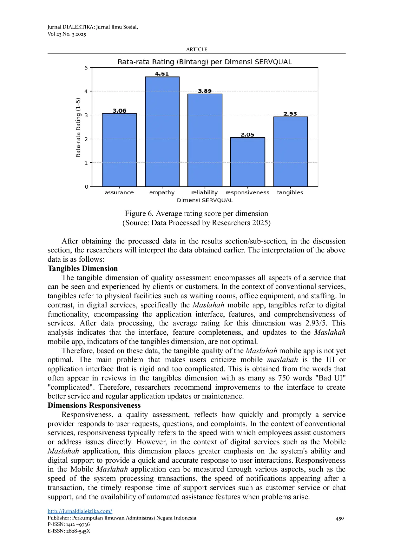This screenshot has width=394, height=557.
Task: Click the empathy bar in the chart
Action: pos(162,131)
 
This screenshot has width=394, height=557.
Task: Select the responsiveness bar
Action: pos(247,162)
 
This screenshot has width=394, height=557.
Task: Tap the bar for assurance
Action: pos(119,150)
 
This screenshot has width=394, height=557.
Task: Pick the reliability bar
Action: pos(205,140)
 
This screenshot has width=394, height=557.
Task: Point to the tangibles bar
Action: pos(291,151)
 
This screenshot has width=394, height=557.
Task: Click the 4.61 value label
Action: pos(162,74)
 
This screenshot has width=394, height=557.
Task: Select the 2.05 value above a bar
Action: pos(247,135)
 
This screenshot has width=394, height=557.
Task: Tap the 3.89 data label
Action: pos(205,91)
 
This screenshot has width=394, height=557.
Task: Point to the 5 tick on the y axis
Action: pos(86,68)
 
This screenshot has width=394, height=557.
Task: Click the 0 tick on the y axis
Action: pos(86,187)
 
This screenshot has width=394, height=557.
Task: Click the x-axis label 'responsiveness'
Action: pos(247,192)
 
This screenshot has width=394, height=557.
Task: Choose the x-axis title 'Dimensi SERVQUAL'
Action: pos(205,200)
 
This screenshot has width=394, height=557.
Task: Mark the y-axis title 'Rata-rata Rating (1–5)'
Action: pos(78,127)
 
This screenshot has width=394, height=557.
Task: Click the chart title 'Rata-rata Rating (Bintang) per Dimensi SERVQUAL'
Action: pos(205,62)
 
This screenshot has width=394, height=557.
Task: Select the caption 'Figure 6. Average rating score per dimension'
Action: pos(196,213)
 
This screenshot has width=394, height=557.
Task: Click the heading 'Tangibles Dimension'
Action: pos(83,268)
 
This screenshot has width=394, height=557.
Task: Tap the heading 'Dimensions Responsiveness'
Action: pos(94,405)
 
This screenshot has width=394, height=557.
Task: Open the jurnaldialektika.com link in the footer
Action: pos(80,511)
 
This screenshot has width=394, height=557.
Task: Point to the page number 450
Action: pos(339,518)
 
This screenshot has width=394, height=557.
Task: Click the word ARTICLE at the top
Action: pos(197,49)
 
